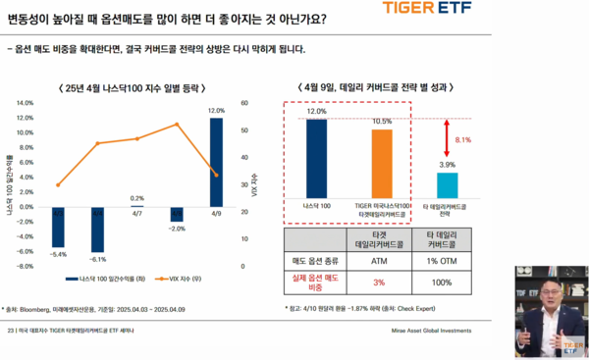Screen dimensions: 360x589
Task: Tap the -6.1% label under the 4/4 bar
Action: (x=97, y=259)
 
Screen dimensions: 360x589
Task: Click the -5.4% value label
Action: (x=58, y=253)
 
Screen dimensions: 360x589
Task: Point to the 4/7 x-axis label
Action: (x=136, y=213)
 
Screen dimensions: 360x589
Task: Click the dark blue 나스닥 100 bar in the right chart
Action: (x=317, y=158)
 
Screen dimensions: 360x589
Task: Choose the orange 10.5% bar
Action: (x=382, y=163)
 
